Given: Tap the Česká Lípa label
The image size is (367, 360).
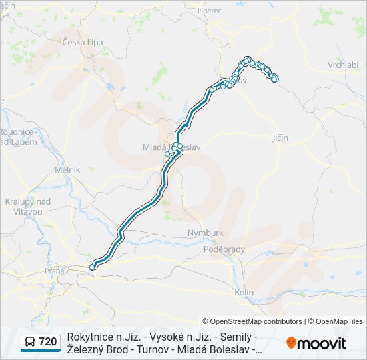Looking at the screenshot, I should point(83,42).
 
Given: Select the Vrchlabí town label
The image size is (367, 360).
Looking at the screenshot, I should point(343,65).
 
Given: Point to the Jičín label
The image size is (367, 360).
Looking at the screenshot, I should point(280,137).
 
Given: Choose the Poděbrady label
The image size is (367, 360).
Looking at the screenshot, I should point(224,249).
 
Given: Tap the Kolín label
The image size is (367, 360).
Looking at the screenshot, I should point(244,292).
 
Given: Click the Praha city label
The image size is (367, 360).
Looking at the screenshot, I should point(55,271).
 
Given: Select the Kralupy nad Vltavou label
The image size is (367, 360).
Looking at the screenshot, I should point(28,206).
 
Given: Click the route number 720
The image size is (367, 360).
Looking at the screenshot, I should point(48,342).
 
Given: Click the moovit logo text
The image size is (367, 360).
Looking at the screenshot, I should point(322,343).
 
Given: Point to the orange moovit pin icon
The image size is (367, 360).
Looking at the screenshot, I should point(291,343).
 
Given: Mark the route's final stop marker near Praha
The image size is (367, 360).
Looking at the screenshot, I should point(92,267).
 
